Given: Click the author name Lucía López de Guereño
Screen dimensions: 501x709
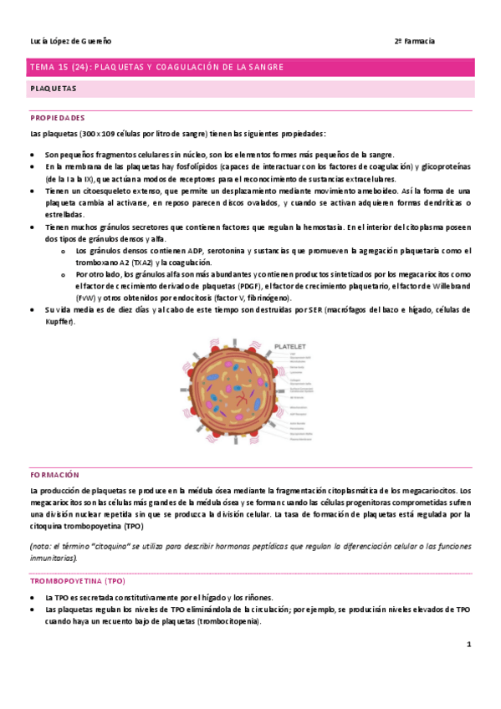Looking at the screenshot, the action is [70, 41].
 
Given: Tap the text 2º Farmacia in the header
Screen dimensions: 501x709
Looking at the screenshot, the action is [414, 41].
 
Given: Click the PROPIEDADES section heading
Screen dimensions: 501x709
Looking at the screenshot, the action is [57, 118].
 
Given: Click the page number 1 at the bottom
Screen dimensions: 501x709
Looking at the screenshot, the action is [469, 645].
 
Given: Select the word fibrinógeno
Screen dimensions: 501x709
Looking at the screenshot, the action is [289, 297].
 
